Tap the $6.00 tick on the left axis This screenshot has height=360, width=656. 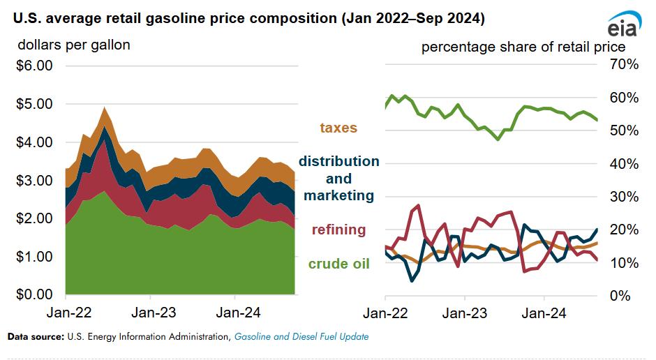click(33, 66)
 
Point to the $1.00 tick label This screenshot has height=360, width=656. click(33, 257)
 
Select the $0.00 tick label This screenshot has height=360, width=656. click(33, 295)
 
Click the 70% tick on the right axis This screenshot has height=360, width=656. click(623, 65)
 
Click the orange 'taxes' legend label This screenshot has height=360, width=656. click(338, 128)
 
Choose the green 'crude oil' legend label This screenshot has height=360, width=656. click(339, 263)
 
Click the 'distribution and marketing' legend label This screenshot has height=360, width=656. click(339, 179)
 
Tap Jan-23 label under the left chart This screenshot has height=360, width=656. click(151, 314)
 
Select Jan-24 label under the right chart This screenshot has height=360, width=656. click(545, 314)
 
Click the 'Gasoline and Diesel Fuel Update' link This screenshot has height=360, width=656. click(301, 337)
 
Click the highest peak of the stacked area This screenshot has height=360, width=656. click(105, 107)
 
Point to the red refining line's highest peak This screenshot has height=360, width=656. click(418, 205)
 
